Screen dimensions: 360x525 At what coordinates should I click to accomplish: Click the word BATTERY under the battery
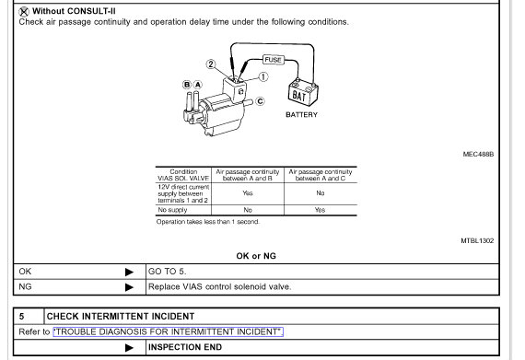[301, 115]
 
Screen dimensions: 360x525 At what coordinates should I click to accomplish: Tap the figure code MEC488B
[478, 155]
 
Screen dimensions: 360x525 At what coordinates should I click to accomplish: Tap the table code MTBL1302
[477, 240]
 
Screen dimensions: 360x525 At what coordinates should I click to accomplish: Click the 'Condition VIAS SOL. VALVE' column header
[182, 174]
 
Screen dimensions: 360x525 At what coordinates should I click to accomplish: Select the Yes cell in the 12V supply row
[247, 193]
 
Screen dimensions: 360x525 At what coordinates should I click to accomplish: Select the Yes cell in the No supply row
[320, 210]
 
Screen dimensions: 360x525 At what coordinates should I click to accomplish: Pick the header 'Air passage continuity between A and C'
[320, 174]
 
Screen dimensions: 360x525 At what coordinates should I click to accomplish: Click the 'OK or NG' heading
[256, 256]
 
